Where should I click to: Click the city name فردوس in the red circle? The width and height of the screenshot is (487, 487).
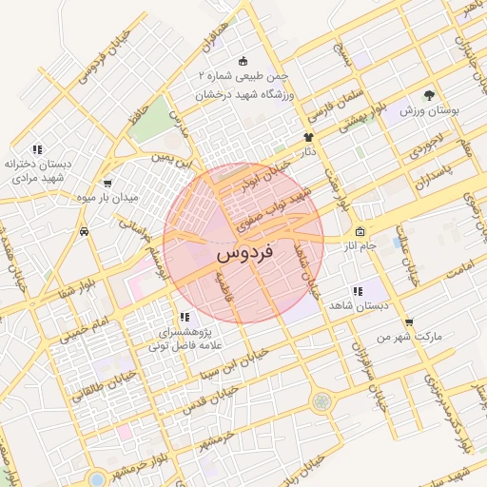[x=244, y=253]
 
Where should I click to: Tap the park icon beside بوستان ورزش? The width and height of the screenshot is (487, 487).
[x=429, y=96]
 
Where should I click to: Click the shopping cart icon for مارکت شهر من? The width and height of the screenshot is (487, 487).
[x=409, y=321]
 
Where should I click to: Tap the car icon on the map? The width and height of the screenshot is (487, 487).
[x=86, y=231]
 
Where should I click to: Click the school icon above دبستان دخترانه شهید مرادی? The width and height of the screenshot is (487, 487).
[x=37, y=149]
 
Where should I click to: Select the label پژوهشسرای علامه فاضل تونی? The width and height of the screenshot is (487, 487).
[x=184, y=340]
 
